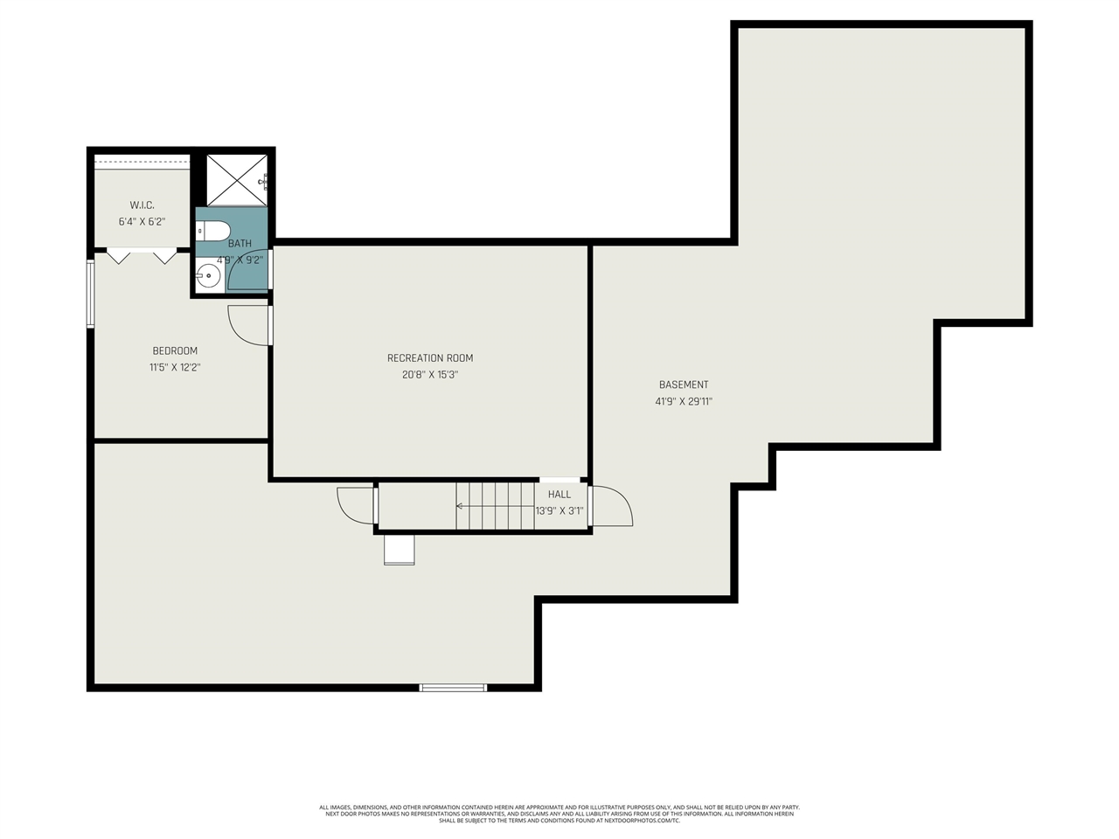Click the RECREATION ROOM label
(429, 358)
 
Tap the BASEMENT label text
(684, 385)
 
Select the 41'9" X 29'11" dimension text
(684, 402)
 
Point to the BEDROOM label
(175, 351)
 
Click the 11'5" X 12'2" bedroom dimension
(175, 368)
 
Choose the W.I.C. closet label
(142, 205)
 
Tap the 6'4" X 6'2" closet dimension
(142, 222)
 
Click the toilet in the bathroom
(212, 231)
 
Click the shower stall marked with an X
(236, 179)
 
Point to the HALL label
(559, 495)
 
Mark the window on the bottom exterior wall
(453, 688)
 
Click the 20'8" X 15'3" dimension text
(429, 375)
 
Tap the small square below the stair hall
(400, 551)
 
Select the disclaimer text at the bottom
(559, 814)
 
